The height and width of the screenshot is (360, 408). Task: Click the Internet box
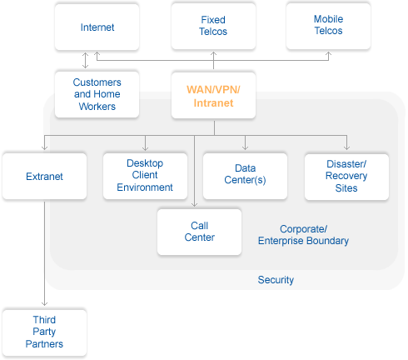point(97,27)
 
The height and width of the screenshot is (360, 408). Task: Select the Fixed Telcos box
point(213,26)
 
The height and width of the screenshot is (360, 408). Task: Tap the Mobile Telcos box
point(328,26)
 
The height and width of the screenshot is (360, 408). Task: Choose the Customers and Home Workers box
point(97,94)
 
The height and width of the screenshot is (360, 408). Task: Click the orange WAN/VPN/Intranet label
point(213,96)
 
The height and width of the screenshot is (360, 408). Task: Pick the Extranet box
point(44,176)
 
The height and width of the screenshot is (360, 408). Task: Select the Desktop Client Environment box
point(145,176)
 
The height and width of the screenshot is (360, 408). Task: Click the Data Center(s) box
point(245,176)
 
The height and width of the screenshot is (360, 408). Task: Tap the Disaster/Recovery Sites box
point(346,177)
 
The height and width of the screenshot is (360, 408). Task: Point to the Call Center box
point(199,232)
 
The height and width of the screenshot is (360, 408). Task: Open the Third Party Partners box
point(44,332)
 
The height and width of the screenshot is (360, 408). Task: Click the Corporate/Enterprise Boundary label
point(303,235)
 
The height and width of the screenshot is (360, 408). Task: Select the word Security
point(276,280)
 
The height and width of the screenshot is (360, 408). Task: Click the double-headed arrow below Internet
point(86,60)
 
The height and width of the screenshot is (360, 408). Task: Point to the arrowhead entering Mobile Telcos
point(328,53)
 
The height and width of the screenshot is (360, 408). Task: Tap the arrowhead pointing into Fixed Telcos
point(213,53)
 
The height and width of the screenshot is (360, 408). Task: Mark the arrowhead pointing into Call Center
point(195,204)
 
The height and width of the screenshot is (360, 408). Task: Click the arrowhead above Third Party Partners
point(44,303)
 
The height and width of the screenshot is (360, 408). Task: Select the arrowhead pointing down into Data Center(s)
point(245,147)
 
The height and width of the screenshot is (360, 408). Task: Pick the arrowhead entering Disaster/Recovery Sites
point(346,147)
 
